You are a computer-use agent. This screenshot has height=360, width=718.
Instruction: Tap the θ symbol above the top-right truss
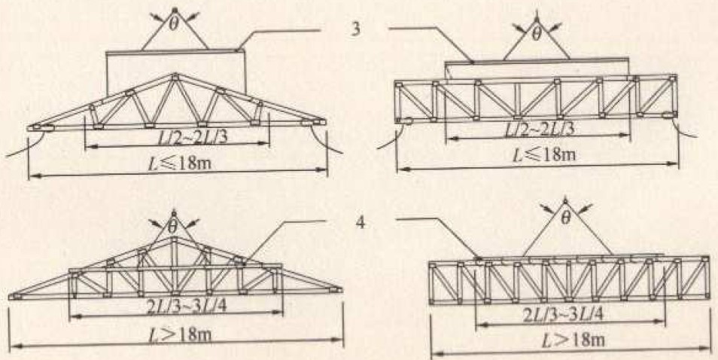[537, 34]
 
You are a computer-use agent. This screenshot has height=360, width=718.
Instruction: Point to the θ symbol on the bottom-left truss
[173, 226]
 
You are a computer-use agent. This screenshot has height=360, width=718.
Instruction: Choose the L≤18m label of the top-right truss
[543, 154]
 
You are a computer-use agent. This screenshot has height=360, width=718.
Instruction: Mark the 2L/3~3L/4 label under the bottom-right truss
[570, 315]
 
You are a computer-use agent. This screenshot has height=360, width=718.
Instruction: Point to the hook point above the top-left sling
[175, 9]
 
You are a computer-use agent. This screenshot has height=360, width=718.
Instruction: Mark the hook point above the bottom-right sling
[566, 200]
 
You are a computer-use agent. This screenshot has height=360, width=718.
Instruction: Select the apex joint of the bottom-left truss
[174, 239]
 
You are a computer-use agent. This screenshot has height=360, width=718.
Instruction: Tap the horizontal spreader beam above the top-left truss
[175, 51]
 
